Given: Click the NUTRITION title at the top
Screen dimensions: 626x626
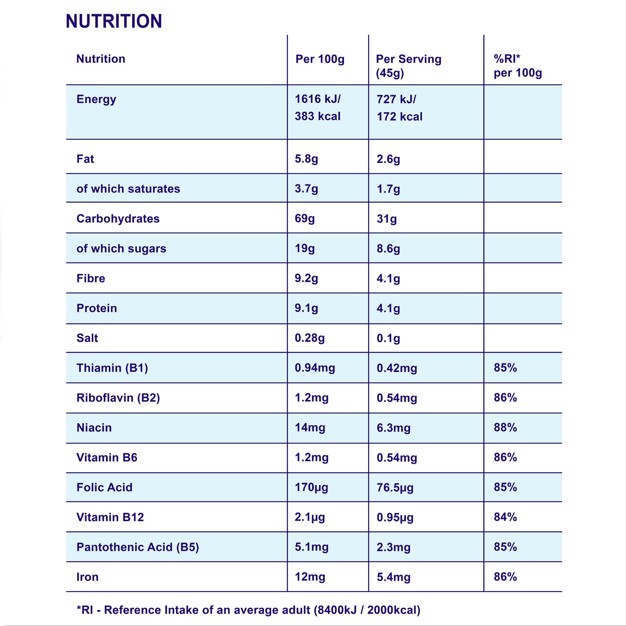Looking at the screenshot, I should click(x=114, y=21).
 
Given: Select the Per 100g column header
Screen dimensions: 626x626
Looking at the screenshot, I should click(x=320, y=59).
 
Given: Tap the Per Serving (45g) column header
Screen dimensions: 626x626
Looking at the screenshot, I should click(x=408, y=66).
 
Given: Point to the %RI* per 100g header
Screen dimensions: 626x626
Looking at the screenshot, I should click(x=517, y=66).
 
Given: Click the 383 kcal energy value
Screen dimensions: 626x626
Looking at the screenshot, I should click(x=317, y=116).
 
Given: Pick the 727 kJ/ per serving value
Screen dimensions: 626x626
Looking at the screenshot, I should click(x=396, y=99).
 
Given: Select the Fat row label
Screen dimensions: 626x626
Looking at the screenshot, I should click(x=85, y=159).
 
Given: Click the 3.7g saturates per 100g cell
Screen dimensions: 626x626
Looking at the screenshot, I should click(x=306, y=188).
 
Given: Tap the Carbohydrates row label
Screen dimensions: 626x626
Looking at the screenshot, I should click(x=118, y=219).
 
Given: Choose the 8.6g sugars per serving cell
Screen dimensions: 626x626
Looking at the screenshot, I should click(x=388, y=249).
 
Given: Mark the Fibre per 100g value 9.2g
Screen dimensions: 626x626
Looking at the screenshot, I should click(x=306, y=278).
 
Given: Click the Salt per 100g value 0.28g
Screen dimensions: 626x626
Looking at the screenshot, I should click(x=310, y=338).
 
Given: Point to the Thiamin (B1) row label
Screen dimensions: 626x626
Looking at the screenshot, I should click(x=112, y=368).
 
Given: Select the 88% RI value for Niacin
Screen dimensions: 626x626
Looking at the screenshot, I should click(x=505, y=427).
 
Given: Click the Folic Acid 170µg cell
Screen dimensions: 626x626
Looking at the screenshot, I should click(x=311, y=487).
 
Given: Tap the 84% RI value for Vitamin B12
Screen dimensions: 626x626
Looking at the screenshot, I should click(x=505, y=517).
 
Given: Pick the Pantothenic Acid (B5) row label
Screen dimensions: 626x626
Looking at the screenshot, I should click(x=138, y=547).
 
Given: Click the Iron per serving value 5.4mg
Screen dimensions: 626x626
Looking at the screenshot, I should click(x=393, y=577).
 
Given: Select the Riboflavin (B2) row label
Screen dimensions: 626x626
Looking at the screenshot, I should click(x=118, y=398).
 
